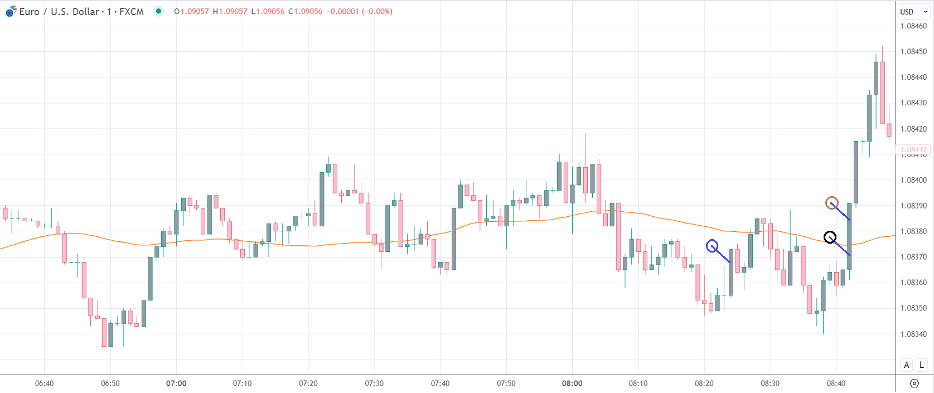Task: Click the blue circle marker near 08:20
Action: [x=712, y=246]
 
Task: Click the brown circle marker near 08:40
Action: [x=831, y=203]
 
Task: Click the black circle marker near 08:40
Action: [x=830, y=237]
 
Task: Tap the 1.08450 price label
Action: [x=913, y=52]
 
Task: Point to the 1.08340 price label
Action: [x=913, y=334]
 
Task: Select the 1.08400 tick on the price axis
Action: [x=913, y=180]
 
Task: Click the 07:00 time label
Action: [x=176, y=384]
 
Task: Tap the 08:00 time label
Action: [x=572, y=384]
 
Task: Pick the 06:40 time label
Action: [x=45, y=384]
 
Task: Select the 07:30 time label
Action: [x=374, y=384]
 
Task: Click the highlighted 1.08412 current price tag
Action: [x=913, y=149]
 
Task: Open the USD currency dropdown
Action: [x=913, y=12]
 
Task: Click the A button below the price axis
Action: [x=907, y=365]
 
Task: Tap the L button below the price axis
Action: [x=922, y=365]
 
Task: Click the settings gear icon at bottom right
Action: [x=914, y=384]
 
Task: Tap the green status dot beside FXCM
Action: [x=159, y=11]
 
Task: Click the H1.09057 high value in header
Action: [x=230, y=12]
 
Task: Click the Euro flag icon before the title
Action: [x=11, y=11]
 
